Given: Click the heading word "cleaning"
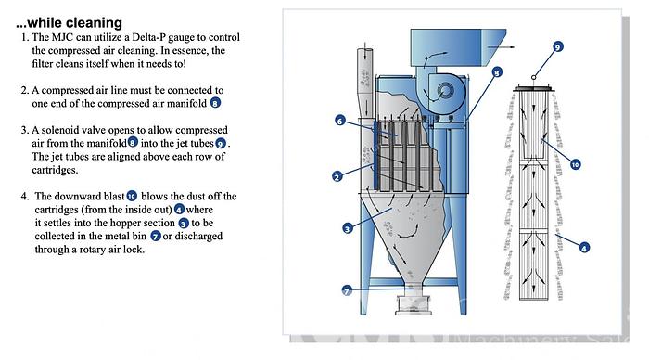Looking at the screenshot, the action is [x=95, y=23].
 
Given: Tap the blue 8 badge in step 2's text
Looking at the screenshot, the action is [x=215, y=103].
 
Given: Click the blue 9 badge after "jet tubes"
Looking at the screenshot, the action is [x=221, y=144].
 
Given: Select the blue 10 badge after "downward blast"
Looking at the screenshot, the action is [x=132, y=196].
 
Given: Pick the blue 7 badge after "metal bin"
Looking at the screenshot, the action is [x=155, y=236].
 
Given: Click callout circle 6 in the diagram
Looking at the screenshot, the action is [x=340, y=121].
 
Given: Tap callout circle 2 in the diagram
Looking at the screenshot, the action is [x=337, y=177].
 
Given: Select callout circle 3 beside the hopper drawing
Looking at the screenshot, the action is [x=348, y=228].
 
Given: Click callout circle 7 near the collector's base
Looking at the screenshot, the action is [x=347, y=290].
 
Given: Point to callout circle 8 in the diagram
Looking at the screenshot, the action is [x=497, y=72].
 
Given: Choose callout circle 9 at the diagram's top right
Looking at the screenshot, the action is [x=557, y=46].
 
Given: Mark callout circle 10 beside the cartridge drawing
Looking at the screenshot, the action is [x=575, y=164].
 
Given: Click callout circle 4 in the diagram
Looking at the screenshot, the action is [x=583, y=248].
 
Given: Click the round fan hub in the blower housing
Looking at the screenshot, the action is [x=444, y=91].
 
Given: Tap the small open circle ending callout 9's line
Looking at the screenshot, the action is [x=534, y=77].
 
